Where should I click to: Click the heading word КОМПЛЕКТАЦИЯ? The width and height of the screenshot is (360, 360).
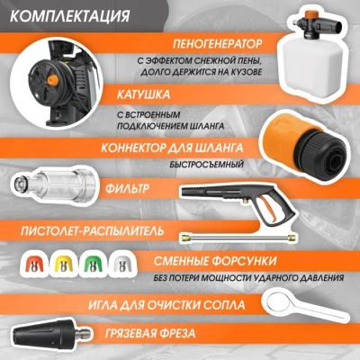(70, 16)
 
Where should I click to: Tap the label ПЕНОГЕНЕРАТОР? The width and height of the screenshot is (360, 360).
(217, 44)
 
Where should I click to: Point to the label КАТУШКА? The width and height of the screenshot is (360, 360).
(143, 94)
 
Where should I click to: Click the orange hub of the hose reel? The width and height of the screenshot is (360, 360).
(52, 80)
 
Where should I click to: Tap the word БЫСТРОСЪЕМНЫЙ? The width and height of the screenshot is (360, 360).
(206, 165)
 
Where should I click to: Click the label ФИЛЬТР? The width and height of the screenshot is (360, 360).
(127, 189)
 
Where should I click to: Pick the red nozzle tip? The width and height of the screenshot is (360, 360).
(33, 263)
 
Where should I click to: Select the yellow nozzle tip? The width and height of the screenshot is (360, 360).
(63, 263)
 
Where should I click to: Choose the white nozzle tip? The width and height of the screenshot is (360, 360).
(121, 263)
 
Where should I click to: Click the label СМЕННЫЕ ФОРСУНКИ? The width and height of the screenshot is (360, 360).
(215, 261)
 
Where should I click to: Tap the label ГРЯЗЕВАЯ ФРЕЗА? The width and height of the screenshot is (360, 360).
(150, 333)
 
